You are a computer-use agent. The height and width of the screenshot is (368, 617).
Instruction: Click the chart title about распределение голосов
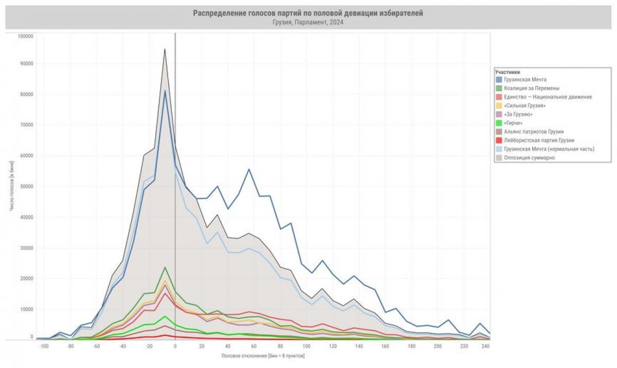tap(308, 13)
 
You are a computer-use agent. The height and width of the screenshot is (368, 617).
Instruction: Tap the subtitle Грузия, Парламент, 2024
tap(308, 22)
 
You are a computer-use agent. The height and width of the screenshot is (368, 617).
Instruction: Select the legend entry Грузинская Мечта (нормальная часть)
tap(549, 149)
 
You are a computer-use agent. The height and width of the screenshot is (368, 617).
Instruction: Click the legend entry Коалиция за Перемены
tap(532, 88)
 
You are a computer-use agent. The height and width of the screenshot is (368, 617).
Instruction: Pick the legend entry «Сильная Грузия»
tap(524, 105)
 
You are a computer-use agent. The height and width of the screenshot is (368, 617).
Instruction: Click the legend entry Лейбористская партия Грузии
tap(538, 140)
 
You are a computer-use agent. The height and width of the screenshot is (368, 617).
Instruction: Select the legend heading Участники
tap(507, 72)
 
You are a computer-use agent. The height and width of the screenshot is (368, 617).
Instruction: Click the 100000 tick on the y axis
tap(25, 36)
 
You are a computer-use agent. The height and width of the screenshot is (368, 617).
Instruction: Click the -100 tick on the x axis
tap(44, 347)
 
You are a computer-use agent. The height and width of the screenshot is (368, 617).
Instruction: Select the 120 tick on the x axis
tap(333, 347)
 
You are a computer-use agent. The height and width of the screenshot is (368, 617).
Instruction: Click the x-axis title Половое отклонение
tap(263, 356)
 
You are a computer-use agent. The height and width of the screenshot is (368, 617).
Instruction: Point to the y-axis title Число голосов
tap(11, 186)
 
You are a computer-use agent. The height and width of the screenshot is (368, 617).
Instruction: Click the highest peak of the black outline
tap(165, 49)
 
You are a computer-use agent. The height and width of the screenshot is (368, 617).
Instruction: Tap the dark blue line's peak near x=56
tap(249, 169)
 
